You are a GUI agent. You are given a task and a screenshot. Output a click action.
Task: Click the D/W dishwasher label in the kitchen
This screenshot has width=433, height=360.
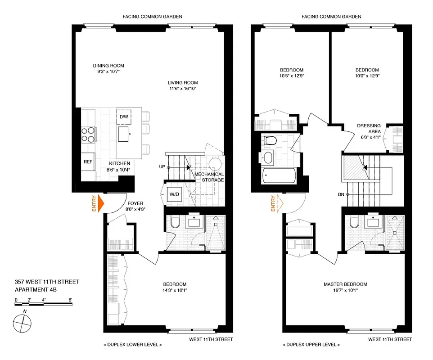click(124, 117)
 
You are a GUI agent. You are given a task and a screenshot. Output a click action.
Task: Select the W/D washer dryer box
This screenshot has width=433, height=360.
click(174, 194)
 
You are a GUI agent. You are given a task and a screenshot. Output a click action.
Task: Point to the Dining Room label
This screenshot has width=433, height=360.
click(108, 65)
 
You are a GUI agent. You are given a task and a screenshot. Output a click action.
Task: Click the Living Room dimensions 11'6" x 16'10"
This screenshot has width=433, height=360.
click(182, 89)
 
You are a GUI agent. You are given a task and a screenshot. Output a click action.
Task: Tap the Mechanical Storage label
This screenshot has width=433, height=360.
click(209, 177)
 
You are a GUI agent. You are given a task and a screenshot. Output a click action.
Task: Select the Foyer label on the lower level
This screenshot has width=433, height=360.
click(135, 203)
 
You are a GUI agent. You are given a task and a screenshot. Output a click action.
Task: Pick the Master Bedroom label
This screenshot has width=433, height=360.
click(345, 284)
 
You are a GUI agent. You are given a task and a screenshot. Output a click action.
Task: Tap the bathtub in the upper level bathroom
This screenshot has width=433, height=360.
click(276, 175)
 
